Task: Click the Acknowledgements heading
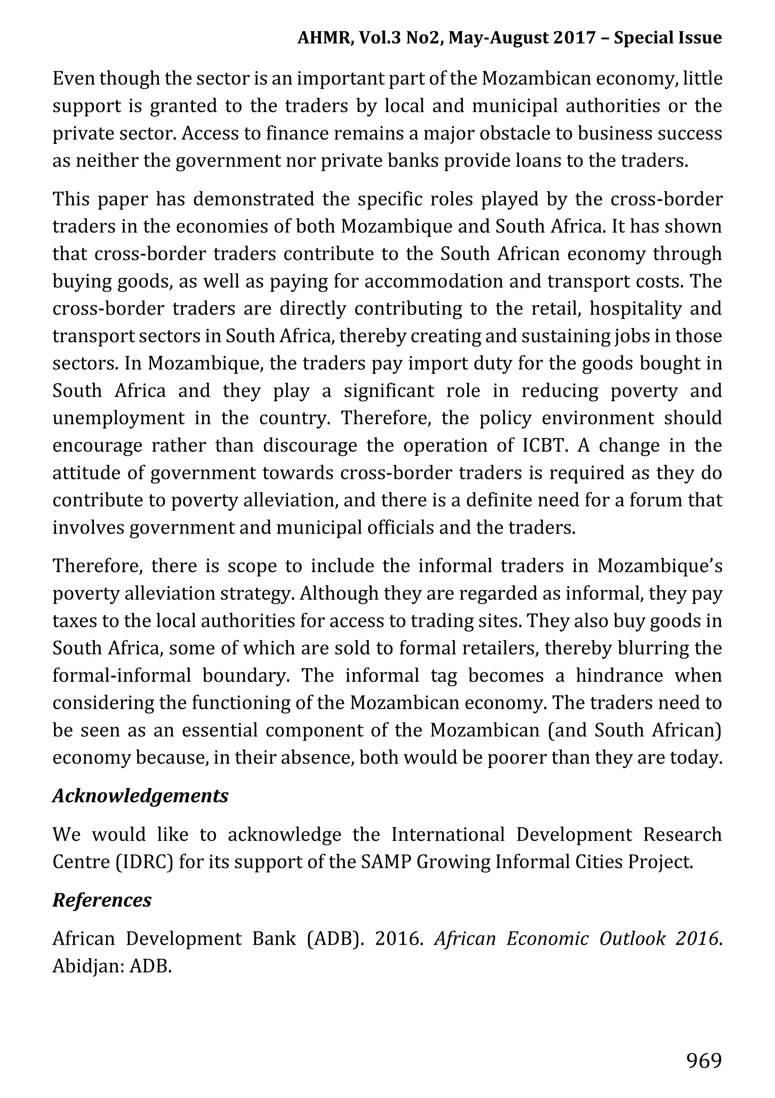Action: [x=140, y=796]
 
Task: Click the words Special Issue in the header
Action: [x=668, y=38]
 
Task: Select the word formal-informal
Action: [x=121, y=676]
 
